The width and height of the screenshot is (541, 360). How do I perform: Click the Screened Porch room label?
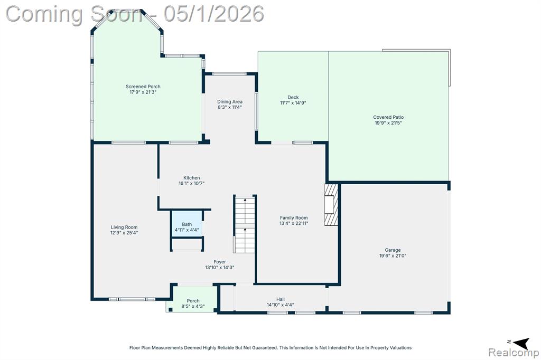[x=143, y=87]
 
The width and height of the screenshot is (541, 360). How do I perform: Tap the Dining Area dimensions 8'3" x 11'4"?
[x=229, y=107]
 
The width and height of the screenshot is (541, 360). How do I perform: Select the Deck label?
[x=293, y=97]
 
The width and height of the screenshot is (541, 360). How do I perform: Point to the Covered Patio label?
[x=388, y=117]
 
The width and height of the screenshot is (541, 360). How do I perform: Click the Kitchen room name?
[x=191, y=178]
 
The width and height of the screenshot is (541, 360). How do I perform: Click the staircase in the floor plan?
[x=245, y=224]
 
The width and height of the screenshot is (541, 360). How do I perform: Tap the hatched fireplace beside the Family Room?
[x=331, y=205]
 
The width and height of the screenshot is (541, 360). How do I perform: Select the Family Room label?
[x=294, y=218]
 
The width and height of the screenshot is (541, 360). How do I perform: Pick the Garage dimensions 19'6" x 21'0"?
[x=393, y=256]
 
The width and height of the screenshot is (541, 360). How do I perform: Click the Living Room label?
[x=124, y=227]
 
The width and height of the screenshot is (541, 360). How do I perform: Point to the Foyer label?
[x=219, y=262]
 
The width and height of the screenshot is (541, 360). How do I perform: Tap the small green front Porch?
[x=193, y=299]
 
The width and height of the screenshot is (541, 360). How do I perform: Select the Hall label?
[x=280, y=299]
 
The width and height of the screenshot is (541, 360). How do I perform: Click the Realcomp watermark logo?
[x=514, y=353]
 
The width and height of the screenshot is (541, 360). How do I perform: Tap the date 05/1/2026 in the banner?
[x=213, y=14]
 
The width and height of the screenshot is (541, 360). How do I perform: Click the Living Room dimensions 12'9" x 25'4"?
[x=124, y=233]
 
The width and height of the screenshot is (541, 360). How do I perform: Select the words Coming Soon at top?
[x=73, y=14]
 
